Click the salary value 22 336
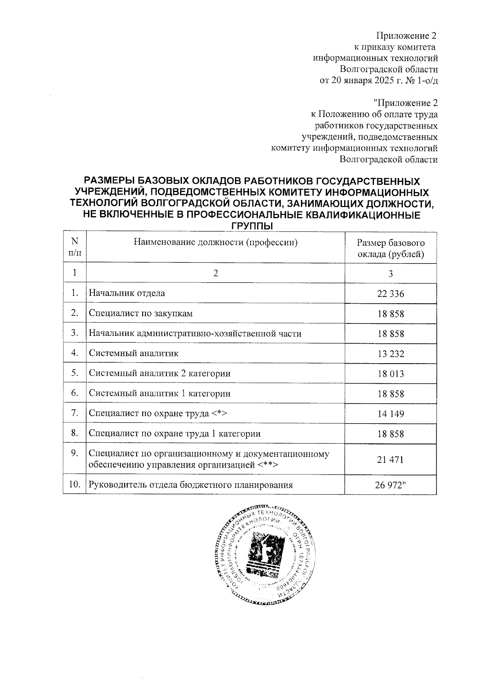click(390, 294)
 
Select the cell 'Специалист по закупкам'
click(141, 313)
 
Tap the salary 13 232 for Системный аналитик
click(390, 354)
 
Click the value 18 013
click(390, 374)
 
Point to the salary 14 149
click(390, 414)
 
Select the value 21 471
click(390, 460)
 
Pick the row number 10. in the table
click(74, 485)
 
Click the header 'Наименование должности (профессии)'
click(216, 243)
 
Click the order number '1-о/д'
click(427, 80)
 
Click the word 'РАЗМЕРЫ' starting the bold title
click(108, 181)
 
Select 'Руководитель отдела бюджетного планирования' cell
click(190, 485)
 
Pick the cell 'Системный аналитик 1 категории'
click(159, 394)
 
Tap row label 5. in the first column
click(74, 373)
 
